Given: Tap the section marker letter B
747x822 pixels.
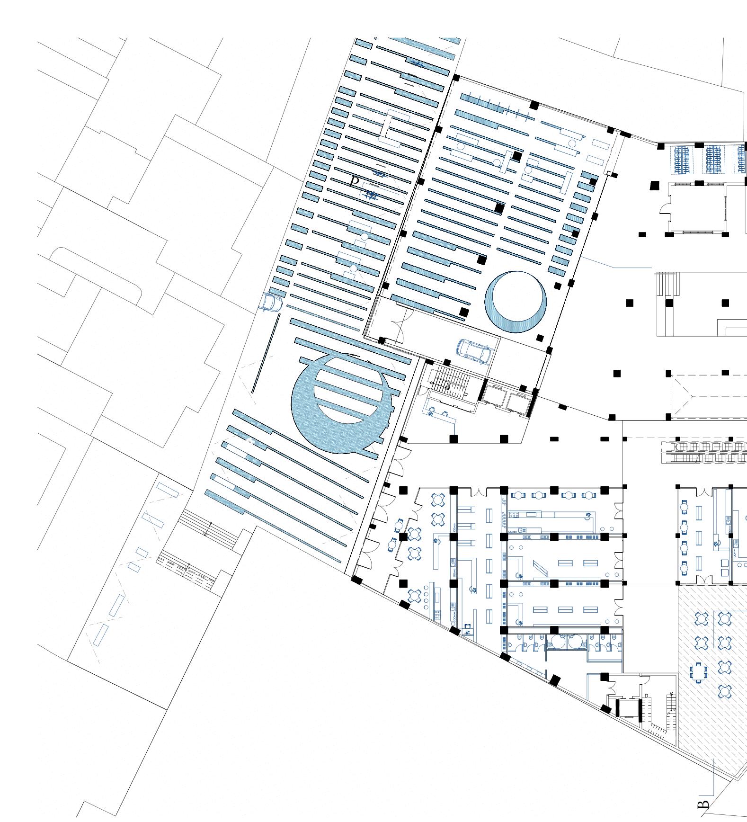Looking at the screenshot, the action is click(703, 804).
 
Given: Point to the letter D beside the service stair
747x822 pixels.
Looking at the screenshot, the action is click(646, 696).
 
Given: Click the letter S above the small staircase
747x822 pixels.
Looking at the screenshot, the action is click(671, 694).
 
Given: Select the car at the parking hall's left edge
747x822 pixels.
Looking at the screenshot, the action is click(271, 302).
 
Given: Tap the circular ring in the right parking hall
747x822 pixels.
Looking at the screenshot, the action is click(516, 301).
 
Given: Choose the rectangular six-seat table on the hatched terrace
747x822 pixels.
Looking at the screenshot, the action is click(698, 672).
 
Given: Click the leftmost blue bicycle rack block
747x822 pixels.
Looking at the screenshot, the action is click(682, 160).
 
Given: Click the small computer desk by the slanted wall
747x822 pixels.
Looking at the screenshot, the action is click(468, 631).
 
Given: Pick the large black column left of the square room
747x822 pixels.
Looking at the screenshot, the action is click(655, 186).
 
